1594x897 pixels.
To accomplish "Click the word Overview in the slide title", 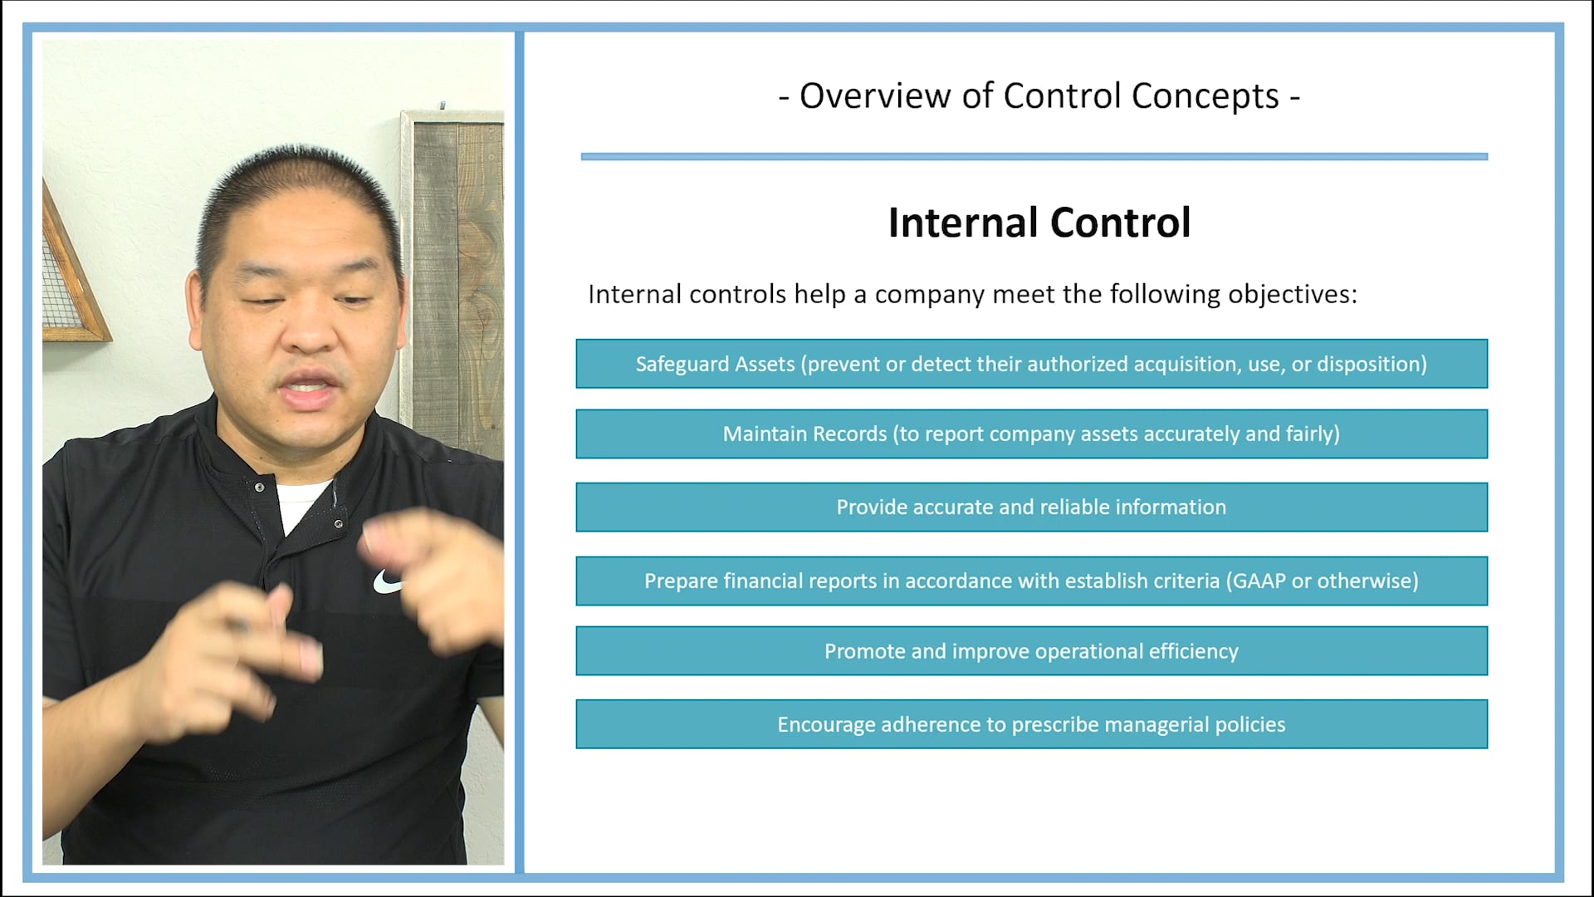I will coord(875,96).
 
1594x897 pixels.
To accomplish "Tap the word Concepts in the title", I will coord(1205,96).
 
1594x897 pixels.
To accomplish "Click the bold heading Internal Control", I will coord(1039,223).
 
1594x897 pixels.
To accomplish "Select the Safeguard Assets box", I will coord(1031,364).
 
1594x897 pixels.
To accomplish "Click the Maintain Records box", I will coord(1031,434).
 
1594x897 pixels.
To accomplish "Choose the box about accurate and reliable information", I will coord(1031,507).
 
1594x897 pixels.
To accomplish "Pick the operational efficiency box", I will coord(1031,651).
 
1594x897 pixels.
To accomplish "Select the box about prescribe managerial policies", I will coord(1031,724).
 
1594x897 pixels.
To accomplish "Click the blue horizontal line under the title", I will coord(1034,156).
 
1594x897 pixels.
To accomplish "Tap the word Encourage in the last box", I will coord(825,725).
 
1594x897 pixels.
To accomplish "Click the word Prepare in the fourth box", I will coord(681,581).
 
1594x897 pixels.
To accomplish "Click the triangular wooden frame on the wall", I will coord(71,274).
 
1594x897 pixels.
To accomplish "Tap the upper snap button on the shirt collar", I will coord(260,487).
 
